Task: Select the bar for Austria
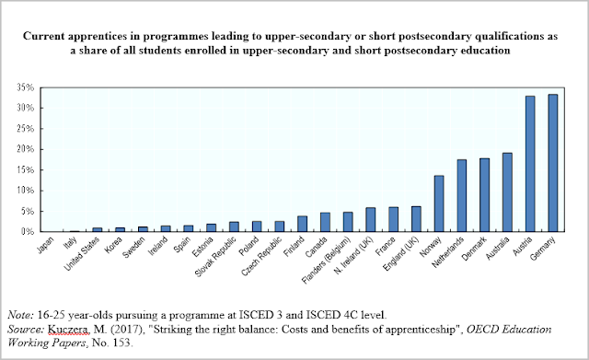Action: coord(530,164)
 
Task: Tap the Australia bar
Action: coord(507,192)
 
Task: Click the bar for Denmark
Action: coord(484,195)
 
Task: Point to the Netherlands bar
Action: coord(462,196)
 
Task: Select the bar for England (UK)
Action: coord(416,219)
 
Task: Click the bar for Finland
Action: coord(302,224)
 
